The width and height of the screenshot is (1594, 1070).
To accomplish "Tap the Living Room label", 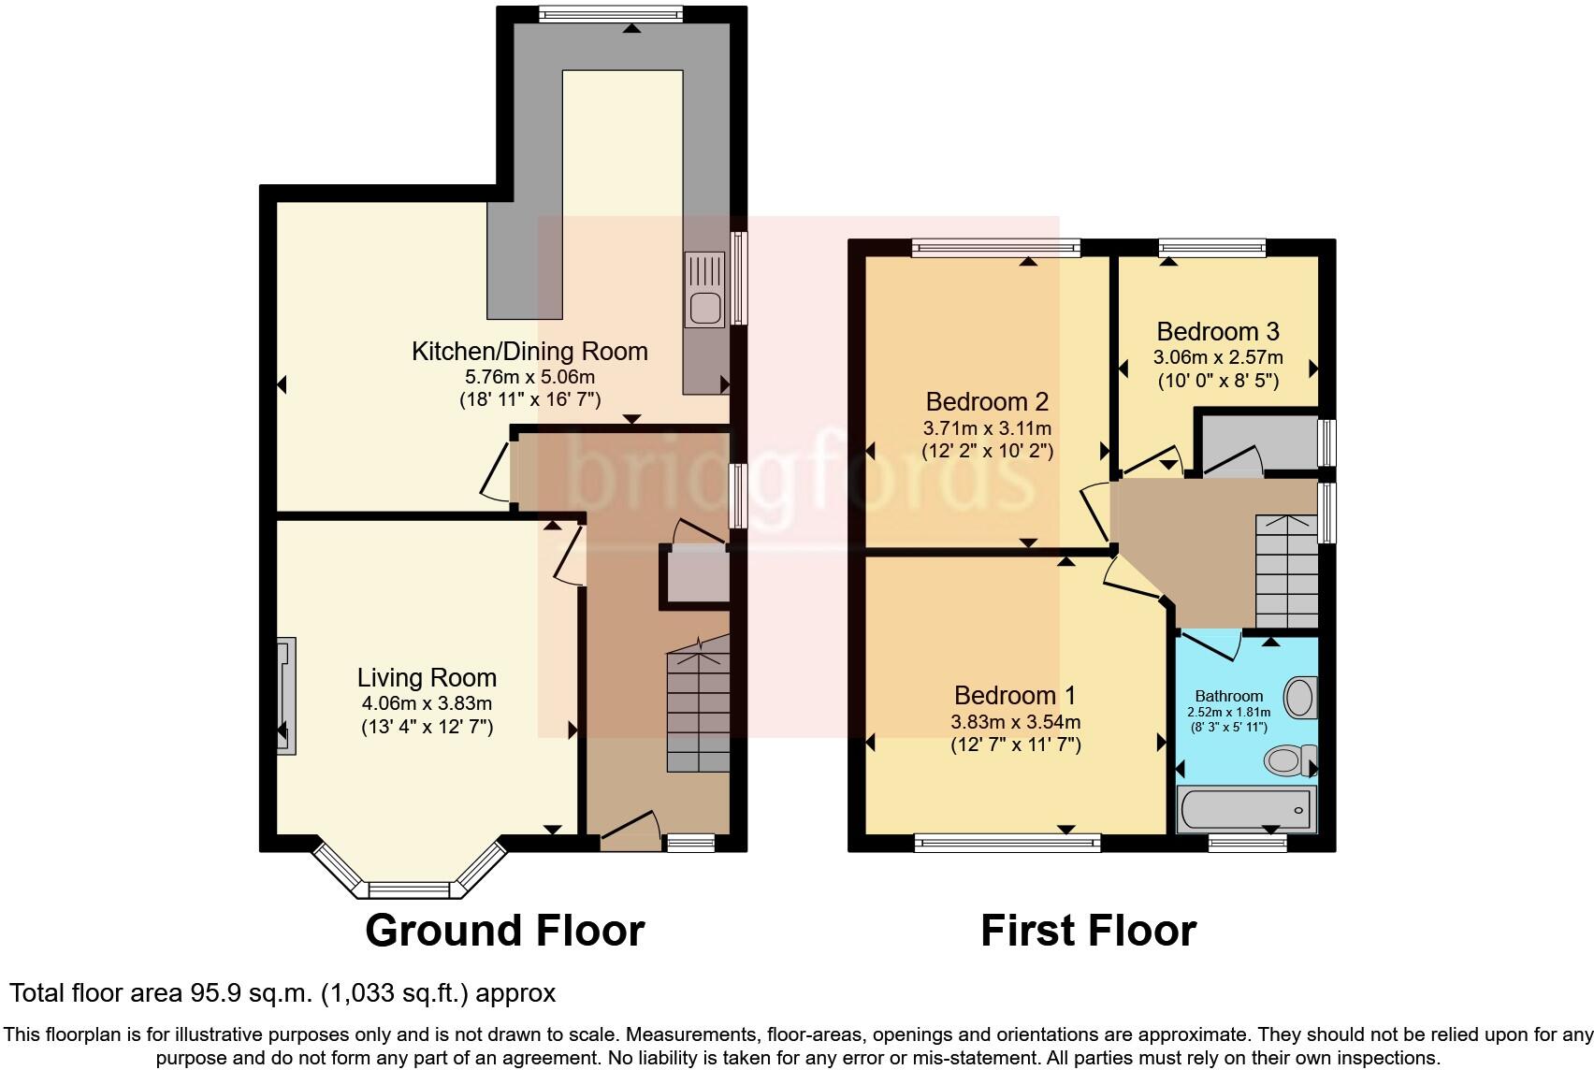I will (x=427, y=678).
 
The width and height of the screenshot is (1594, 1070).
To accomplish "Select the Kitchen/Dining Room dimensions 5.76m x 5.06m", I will (x=529, y=377).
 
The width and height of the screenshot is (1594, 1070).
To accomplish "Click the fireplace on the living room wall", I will (x=286, y=696).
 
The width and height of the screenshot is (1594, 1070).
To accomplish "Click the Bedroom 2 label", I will (x=987, y=402).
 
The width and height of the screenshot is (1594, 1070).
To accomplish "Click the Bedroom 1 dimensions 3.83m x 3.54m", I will (x=1015, y=722).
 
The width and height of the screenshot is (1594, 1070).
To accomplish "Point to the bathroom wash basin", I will (x=1299, y=697).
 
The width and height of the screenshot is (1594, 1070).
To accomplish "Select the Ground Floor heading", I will (x=504, y=931).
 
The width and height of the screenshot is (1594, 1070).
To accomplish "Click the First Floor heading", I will (x=1088, y=931).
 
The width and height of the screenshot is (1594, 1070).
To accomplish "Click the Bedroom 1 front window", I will (x=1008, y=844).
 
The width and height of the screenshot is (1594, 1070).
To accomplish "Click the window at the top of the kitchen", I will (x=611, y=14).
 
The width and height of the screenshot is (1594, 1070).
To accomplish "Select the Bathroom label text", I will (x=1229, y=696).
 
